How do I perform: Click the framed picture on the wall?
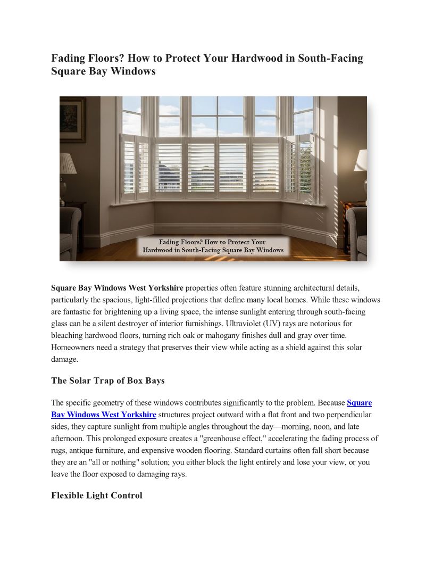(x=72, y=119)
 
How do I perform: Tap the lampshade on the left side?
(x=68, y=163)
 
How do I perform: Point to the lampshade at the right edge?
(x=361, y=160)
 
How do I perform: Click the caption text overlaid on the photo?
(x=213, y=246)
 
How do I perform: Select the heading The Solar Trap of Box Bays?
(x=108, y=381)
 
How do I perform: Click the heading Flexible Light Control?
(x=97, y=495)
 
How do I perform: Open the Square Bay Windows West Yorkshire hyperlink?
(x=104, y=415)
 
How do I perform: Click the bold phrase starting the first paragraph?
(x=117, y=288)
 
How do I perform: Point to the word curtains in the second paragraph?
(x=293, y=450)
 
